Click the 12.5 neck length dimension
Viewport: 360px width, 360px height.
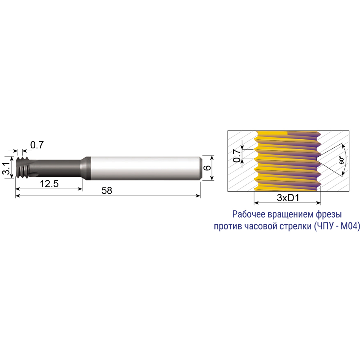(49, 184)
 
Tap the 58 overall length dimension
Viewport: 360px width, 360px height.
(107, 190)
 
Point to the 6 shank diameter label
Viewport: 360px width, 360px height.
(207, 168)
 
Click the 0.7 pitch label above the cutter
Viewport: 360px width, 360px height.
(37, 145)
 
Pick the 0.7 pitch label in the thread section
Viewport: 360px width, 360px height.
(237, 156)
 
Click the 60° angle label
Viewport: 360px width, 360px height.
(342, 160)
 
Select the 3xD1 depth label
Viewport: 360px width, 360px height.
(288, 198)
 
